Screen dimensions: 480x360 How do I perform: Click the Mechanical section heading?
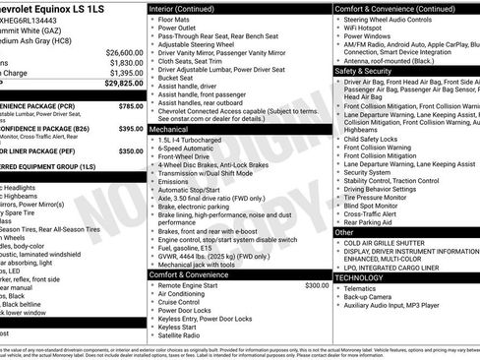[169, 128]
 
